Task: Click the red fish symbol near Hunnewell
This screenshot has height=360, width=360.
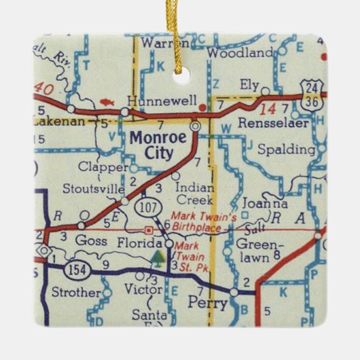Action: (105, 101)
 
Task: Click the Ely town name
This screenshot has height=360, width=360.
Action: (249, 84)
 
